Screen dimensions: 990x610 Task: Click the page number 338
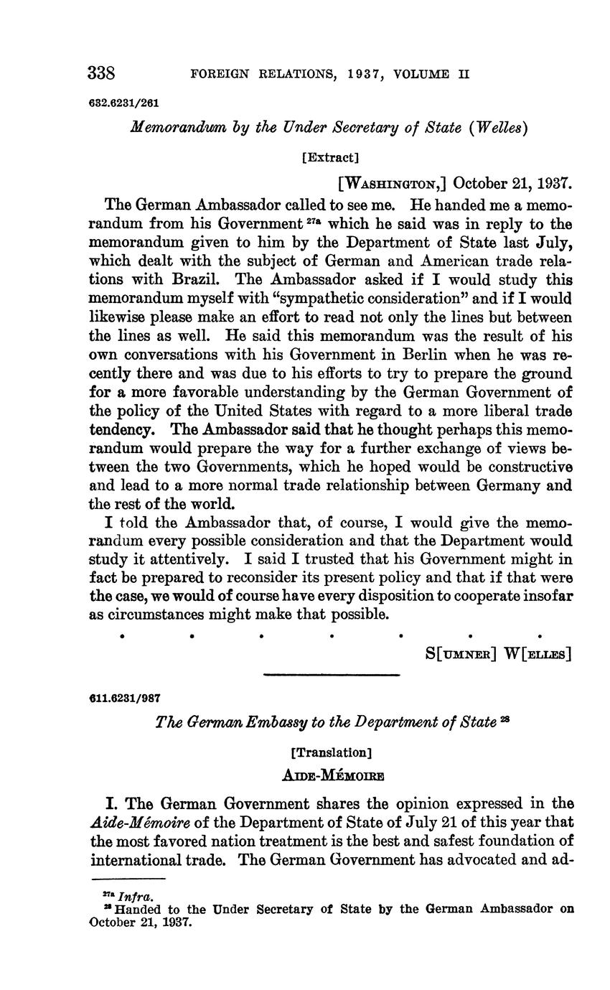coord(101,73)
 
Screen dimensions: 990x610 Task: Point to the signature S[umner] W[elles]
coord(498,654)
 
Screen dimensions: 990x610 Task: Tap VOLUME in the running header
coord(419,74)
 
